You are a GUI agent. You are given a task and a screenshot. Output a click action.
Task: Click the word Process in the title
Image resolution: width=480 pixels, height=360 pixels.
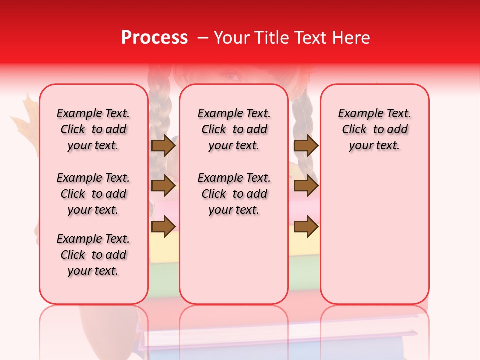pyautogui.click(x=154, y=38)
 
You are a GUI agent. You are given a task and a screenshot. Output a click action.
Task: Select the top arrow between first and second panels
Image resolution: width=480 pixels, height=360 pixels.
pyautogui.click(x=163, y=146)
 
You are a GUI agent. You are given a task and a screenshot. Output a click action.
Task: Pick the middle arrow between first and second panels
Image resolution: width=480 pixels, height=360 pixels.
pyautogui.click(x=163, y=186)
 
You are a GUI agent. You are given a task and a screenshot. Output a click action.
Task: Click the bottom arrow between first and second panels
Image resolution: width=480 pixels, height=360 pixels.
pyautogui.click(x=163, y=226)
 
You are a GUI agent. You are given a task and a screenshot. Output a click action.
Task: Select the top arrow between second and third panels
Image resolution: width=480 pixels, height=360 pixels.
pyautogui.click(x=306, y=146)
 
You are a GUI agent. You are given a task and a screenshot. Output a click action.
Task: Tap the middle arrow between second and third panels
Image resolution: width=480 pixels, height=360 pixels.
pyautogui.click(x=306, y=186)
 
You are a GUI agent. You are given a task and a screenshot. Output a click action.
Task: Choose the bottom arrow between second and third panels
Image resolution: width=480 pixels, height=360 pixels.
pyautogui.click(x=306, y=226)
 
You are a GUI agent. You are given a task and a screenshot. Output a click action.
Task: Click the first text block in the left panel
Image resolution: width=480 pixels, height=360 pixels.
pyautogui.click(x=93, y=129)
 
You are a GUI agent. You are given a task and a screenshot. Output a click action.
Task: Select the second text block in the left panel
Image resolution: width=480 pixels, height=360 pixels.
pyautogui.click(x=93, y=194)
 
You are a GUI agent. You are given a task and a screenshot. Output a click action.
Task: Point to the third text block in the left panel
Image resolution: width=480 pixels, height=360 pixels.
pyautogui.click(x=93, y=255)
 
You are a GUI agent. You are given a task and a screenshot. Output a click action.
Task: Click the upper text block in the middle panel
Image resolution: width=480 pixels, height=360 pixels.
pyautogui.click(x=234, y=129)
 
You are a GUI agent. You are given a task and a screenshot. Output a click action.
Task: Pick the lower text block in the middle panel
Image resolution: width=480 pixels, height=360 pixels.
pyautogui.click(x=234, y=194)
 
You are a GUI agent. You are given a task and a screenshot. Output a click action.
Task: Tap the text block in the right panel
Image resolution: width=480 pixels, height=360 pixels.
pyautogui.click(x=374, y=129)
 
